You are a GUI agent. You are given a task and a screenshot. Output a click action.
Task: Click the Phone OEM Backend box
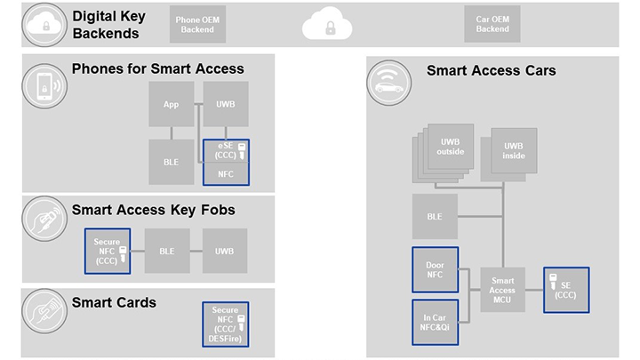click(196, 25)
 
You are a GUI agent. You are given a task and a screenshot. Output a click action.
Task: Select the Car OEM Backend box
click(492, 25)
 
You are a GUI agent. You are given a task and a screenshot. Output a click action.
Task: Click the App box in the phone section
click(171, 105)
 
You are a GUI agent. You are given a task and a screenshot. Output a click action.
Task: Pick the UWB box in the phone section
click(226, 105)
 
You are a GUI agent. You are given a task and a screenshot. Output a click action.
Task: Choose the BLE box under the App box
click(171, 161)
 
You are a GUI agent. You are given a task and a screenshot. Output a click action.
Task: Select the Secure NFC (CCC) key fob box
click(107, 252)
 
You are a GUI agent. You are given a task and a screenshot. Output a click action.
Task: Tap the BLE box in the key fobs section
click(167, 252)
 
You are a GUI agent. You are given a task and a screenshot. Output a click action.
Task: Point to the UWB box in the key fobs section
click(224, 252)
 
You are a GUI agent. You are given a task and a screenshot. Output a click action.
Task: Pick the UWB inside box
click(514, 150)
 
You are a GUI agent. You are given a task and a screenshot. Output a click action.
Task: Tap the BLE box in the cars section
click(435, 216)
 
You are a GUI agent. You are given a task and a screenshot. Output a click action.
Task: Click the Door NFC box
click(435, 269)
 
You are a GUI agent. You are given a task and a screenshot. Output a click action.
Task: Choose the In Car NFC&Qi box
click(435, 322)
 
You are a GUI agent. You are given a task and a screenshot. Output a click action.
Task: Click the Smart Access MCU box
click(502, 291)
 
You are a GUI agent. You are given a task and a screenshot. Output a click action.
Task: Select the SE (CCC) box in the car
click(565, 291)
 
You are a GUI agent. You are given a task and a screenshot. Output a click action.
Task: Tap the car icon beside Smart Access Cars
click(389, 84)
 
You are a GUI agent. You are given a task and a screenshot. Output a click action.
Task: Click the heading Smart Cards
click(114, 303)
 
